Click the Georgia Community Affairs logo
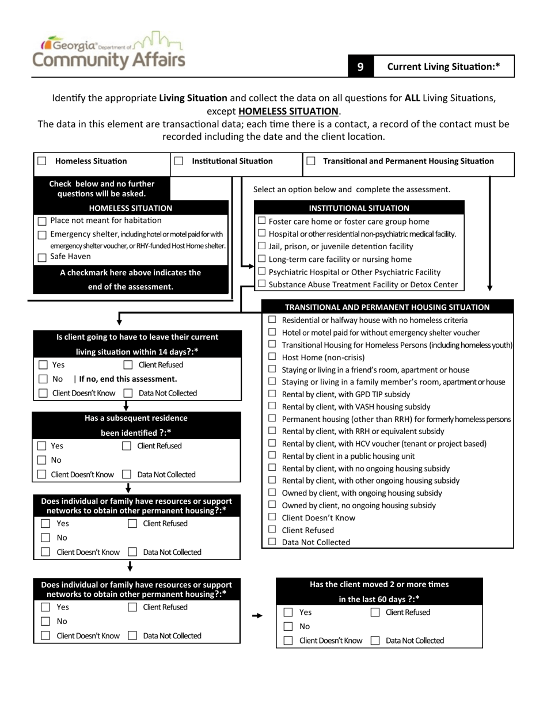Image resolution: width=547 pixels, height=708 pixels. pyautogui.click(x=109, y=51)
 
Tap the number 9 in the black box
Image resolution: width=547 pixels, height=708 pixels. pyautogui.click(x=360, y=67)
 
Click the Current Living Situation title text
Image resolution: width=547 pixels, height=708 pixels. pyautogui.click(x=443, y=67)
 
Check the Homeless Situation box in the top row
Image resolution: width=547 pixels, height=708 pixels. pyautogui.click(x=42, y=162)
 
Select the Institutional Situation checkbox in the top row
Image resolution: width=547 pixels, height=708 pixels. pyautogui.click(x=178, y=162)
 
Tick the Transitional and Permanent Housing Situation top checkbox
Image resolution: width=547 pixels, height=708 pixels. pyautogui.click(x=311, y=162)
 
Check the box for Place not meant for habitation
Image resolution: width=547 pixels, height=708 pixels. pyautogui.click(x=42, y=222)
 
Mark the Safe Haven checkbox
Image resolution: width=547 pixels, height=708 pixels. pyautogui.click(x=42, y=258)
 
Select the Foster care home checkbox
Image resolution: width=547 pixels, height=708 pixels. pyautogui.click(x=262, y=221)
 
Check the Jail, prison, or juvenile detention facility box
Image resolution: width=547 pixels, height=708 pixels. pyautogui.click(x=262, y=246)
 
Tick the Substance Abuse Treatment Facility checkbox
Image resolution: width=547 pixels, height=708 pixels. pyautogui.click(x=262, y=284)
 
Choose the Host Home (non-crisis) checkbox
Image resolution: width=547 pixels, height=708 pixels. pyautogui.click(x=272, y=357)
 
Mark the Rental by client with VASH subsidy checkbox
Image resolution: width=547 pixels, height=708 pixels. pyautogui.click(x=272, y=406)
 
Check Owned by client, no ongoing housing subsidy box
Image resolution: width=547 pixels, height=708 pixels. pyautogui.click(x=272, y=505)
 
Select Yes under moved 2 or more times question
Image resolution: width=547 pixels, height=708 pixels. pyautogui.click(x=288, y=612)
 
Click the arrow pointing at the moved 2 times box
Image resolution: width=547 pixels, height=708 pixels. pyautogui.click(x=257, y=616)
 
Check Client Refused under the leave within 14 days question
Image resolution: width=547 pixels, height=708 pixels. pyautogui.click(x=128, y=365)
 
